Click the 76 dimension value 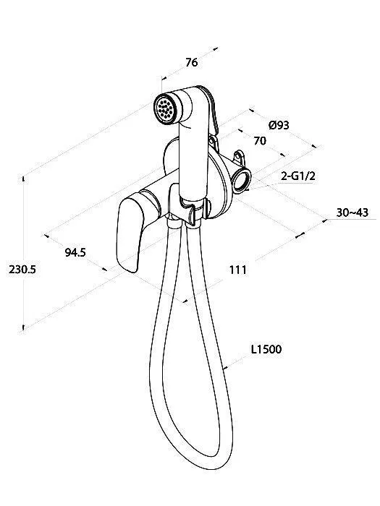click(x=192, y=62)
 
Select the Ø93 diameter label click(x=279, y=125)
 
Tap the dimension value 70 click(x=260, y=141)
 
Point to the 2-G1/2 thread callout click(x=298, y=176)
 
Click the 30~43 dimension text click(x=352, y=213)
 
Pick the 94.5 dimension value click(x=75, y=252)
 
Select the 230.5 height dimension click(x=22, y=269)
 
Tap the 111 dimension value click(x=238, y=270)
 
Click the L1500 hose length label click(x=266, y=349)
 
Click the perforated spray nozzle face click(x=166, y=108)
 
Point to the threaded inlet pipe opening click(x=242, y=180)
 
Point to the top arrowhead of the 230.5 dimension click(x=24, y=178)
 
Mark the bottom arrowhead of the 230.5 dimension click(x=24, y=327)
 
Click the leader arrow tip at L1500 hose click(x=225, y=367)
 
